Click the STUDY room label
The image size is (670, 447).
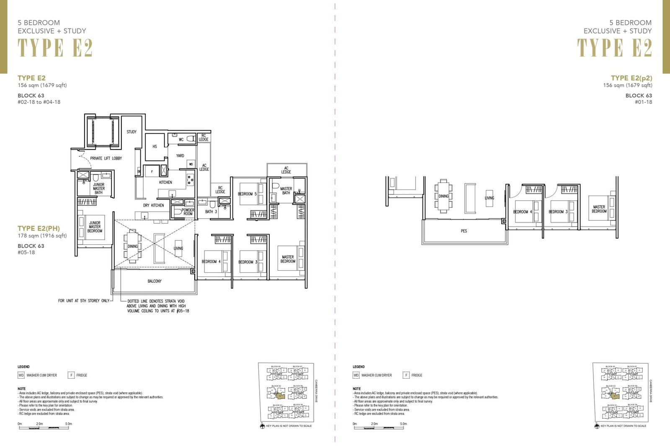click(x=131, y=132)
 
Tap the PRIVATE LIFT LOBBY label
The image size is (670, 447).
click(x=106, y=158)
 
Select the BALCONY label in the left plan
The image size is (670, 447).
click(x=155, y=281)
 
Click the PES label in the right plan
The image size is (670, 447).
click(x=464, y=231)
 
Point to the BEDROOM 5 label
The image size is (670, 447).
click(x=247, y=194)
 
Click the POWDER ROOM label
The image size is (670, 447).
click(x=188, y=212)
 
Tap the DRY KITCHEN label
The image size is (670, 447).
click(x=153, y=205)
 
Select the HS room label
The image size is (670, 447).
click(x=155, y=147)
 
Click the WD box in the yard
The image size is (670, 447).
click(x=191, y=164)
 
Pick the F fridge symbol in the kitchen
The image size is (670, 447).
click(x=152, y=172)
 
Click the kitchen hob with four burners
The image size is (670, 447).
click(x=191, y=179)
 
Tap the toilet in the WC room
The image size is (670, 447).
click(x=191, y=139)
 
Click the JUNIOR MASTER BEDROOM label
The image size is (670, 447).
click(x=95, y=227)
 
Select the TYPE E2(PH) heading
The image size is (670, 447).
click(x=39, y=228)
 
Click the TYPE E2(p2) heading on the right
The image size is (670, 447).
click(x=631, y=78)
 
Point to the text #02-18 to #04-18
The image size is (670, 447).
click(x=39, y=102)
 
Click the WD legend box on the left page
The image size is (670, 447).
click(x=21, y=375)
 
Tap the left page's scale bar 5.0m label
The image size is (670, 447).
click(x=68, y=424)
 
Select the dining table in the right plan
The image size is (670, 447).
click(x=443, y=196)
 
